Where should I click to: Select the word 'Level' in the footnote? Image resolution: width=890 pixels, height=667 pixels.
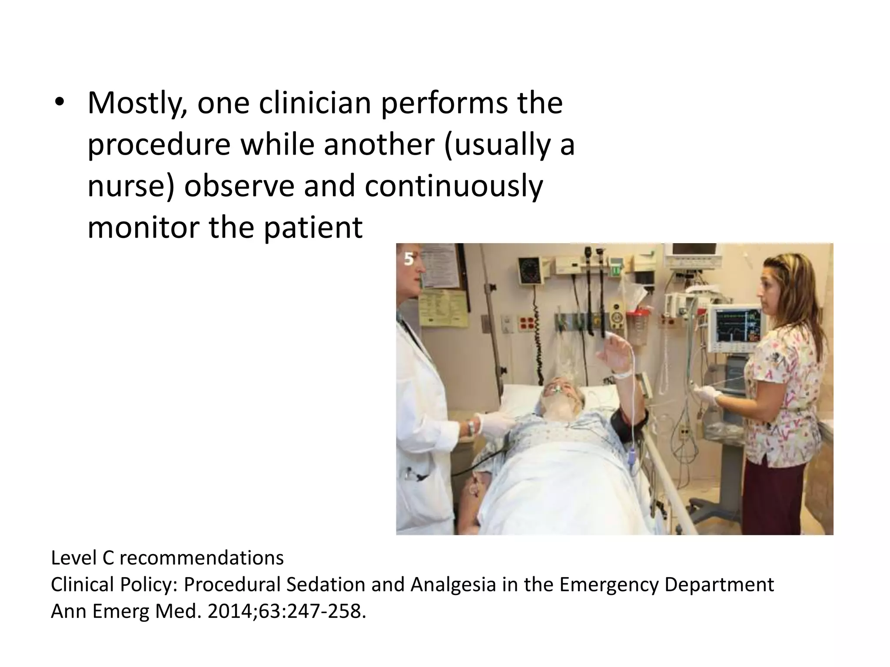pyautogui.click(x=73, y=558)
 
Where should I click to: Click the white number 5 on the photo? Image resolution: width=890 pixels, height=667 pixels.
pyautogui.click(x=409, y=259)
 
